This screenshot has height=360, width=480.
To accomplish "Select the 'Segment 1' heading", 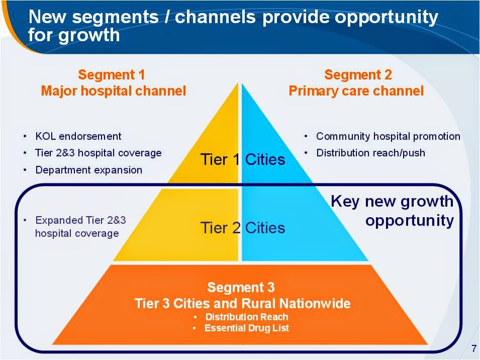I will pyautogui.click(x=112, y=75).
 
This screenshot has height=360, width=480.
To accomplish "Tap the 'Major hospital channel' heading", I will pyautogui.click(x=113, y=91).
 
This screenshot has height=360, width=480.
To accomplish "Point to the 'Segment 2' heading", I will pyautogui.click(x=358, y=75).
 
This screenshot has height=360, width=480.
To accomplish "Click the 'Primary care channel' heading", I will pyautogui.click(x=356, y=91).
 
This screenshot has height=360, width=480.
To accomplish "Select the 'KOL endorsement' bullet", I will pyautogui.click(x=78, y=136).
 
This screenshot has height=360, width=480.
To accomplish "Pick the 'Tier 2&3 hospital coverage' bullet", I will pyautogui.click(x=98, y=153).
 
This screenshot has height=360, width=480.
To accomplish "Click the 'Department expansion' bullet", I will pyautogui.click(x=88, y=170).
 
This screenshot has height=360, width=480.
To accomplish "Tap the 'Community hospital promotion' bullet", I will pyautogui.click(x=388, y=136).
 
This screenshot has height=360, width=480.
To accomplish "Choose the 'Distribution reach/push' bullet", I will pyautogui.click(x=370, y=153).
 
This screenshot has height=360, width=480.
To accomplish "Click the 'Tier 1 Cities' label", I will pyautogui.click(x=243, y=160).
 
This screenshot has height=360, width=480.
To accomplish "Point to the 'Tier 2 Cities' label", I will pyautogui.click(x=243, y=228).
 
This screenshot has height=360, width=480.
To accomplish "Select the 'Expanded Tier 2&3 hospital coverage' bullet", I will pyautogui.click(x=80, y=227).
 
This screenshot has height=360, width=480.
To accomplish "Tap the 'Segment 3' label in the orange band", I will pyautogui.click(x=241, y=288).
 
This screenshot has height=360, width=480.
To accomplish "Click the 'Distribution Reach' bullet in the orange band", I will pyautogui.click(x=247, y=317).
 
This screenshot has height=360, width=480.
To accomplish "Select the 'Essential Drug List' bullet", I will pyautogui.click(x=246, y=328).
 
